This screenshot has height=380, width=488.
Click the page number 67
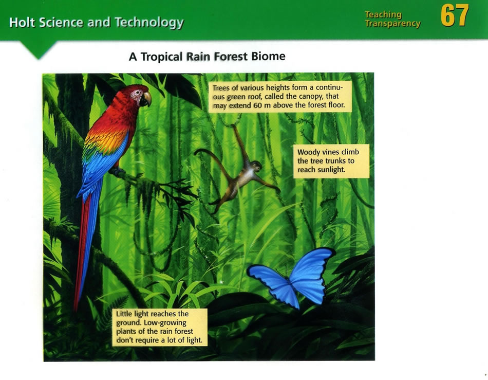(x=455, y=15)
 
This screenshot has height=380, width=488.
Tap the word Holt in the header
(x=22, y=23)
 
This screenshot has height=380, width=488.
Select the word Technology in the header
(x=149, y=23)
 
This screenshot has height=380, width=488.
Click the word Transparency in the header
(x=393, y=24)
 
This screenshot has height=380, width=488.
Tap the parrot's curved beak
(x=146, y=99)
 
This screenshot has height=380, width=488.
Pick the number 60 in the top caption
(x=258, y=105)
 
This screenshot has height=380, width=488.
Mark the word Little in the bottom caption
(x=124, y=314)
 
